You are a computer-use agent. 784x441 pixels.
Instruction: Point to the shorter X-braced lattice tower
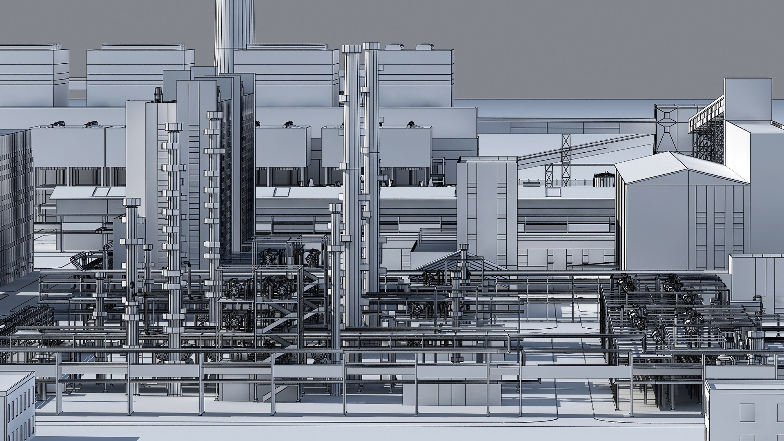click(549, 176)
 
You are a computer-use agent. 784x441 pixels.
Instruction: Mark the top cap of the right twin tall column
click(371, 46)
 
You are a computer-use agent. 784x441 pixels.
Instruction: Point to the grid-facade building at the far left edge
click(16, 204)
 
